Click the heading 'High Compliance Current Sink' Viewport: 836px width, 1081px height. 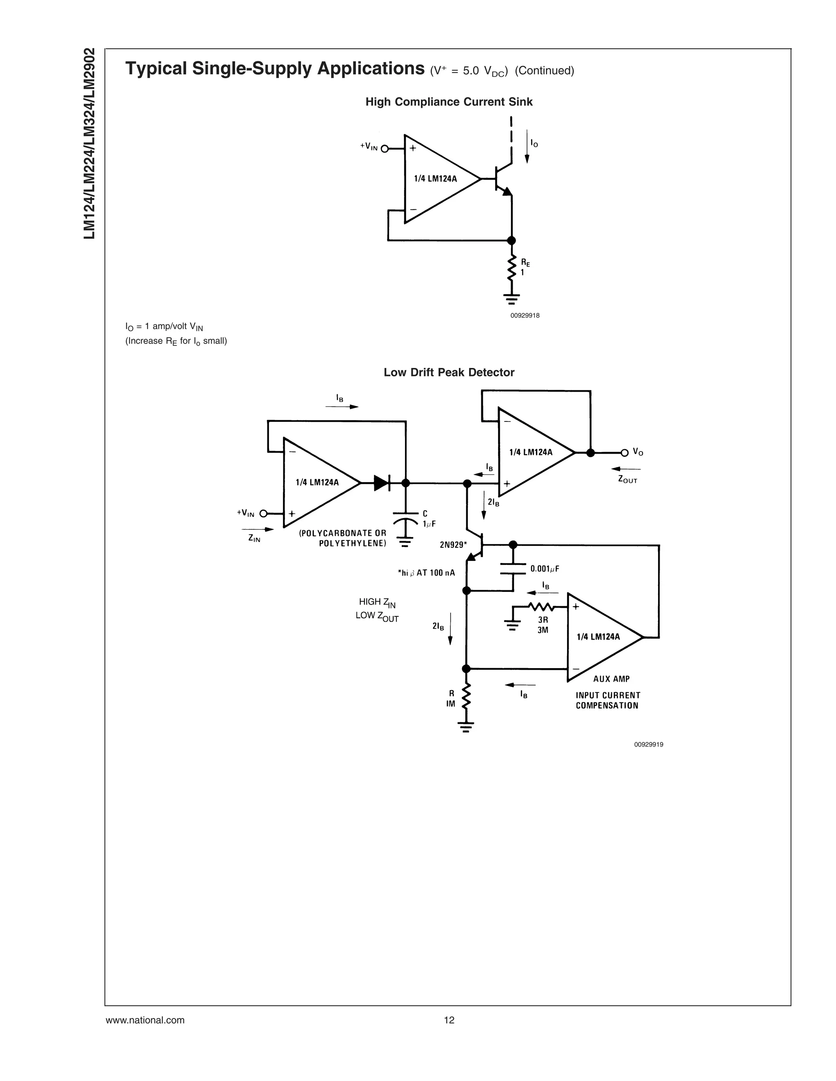[x=449, y=102]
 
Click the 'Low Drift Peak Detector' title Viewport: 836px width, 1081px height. [x=449, y=372]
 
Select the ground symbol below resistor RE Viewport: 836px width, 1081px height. [x=511, y=299]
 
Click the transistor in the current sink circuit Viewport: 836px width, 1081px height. [x=501, y=179]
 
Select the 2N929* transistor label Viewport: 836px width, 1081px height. [x=453, y=545]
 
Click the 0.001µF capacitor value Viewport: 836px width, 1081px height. [x=545, y=569]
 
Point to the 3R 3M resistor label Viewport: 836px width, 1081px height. [x=543, y=625]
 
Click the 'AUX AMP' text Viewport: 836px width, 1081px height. [x=611, y=679]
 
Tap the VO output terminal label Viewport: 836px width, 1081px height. [x=638, y=452]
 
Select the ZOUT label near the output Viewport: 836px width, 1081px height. [x=627, y=480]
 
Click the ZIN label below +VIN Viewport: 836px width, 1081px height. [x=254, y=538]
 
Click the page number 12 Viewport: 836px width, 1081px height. [x=449, y=1020]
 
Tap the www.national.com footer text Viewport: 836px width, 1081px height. [x=145, y=1020]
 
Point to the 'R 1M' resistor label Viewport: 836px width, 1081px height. [x=451, y=698]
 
